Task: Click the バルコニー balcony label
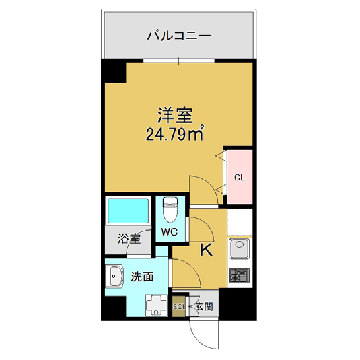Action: (178, 35)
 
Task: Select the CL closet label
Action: (239, 178)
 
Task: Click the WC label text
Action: (169, 232)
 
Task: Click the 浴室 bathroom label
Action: (129, 238)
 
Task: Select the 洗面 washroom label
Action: (141, 276)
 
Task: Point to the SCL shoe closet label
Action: (179, 307)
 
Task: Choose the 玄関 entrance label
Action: (204, 307)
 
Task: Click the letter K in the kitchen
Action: (207, 250)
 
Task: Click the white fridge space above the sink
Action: (240, 222)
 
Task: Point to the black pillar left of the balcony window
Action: (113, 71)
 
